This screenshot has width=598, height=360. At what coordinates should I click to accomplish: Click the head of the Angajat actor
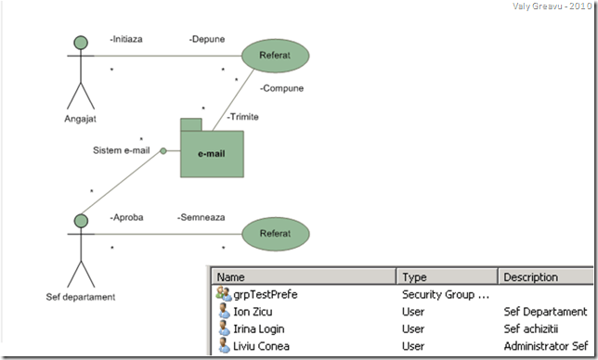click(x=81, y=43)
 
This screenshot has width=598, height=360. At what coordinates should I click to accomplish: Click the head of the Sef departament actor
click(x=81, y=221)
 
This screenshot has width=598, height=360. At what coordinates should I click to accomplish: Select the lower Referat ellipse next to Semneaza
click(x=275, y=235)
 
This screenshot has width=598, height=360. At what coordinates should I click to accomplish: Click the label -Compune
click(x=282, y=89)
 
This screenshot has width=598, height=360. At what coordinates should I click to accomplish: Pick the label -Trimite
click(x=242, y=117)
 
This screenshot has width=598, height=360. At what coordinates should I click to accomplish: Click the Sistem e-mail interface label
click(x=122, y=150)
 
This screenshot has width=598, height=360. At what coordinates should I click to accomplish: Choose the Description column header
click(x=530, y=276)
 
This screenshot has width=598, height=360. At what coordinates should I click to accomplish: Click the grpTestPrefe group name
click(x=266, y=295)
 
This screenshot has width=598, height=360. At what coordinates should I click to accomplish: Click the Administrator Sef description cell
click(x=544, y=346)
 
